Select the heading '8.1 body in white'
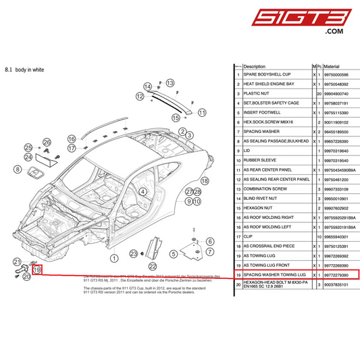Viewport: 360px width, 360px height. click(x=25, y=70)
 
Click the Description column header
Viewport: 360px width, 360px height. click(x=255, y=66)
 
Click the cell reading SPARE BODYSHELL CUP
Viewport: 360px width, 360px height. click(x=267, y=74)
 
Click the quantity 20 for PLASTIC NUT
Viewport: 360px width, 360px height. click(x=318, y=93)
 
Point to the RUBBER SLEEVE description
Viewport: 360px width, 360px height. click(x=259, y=161)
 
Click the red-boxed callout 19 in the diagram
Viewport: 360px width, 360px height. click(x=37, y=269)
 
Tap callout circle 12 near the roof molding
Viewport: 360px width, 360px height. click(x=140, y=97)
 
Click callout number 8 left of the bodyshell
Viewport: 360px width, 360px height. click(x=18, y=170)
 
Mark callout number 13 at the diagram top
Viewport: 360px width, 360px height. click(x=170, y=81)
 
